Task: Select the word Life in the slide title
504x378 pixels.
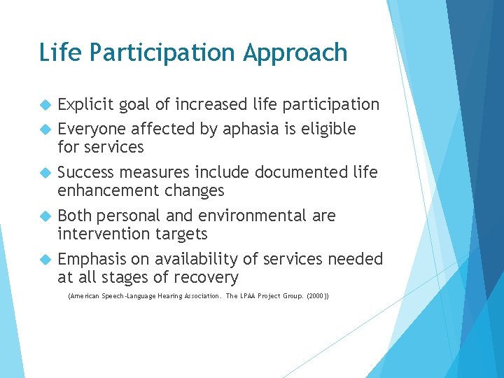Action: point(55,52)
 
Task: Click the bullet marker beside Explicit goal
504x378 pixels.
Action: point(46,106)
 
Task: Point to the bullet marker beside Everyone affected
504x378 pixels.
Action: point(46,129)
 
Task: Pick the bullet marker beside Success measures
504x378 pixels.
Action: point(46,173)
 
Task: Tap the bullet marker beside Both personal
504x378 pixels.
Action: point(46,216)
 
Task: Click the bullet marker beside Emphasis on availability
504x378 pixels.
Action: point(46,260)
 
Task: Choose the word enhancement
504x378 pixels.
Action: point(108,190)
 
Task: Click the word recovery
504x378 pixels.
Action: point(207,277)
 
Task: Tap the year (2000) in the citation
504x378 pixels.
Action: point(318,297)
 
